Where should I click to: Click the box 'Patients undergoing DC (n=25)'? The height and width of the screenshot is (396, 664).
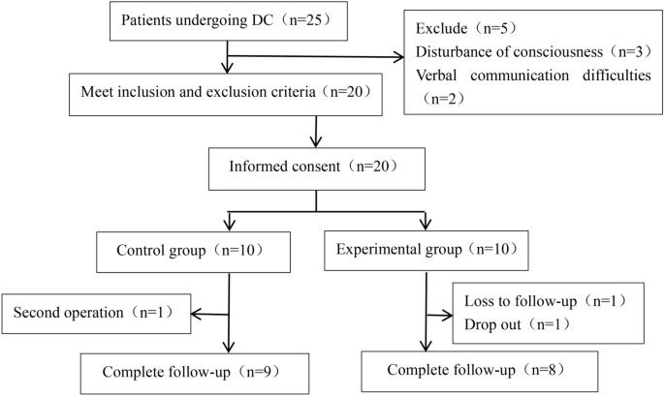225,21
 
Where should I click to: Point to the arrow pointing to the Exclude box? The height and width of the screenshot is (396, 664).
397,57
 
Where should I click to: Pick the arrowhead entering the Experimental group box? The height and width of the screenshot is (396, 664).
425,228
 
